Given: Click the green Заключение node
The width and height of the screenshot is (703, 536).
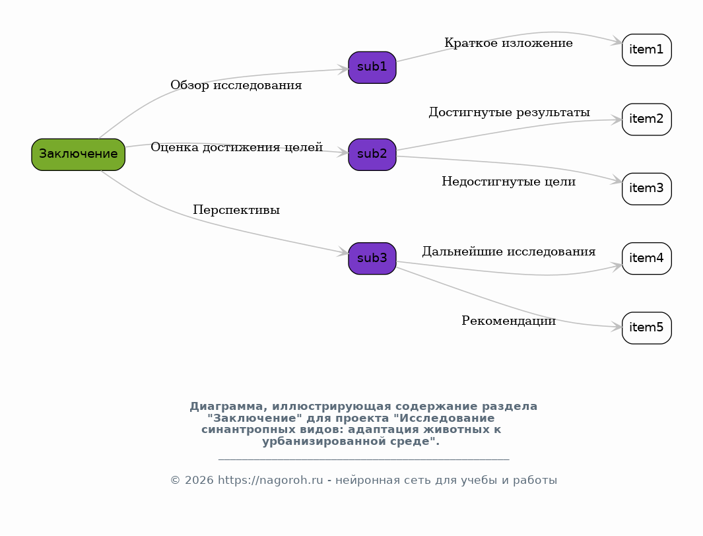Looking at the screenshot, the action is point(78,154).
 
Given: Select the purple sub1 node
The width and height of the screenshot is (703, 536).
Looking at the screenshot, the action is point(372,67).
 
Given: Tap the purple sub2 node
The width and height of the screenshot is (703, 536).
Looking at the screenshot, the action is point(372,154).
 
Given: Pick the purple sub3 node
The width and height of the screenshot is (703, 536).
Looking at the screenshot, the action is point(372,259).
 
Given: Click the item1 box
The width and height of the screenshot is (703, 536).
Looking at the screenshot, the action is point(646,50).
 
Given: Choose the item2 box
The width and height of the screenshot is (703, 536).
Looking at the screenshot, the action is point(646,119).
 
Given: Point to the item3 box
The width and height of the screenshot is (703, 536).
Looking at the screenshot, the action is point(646,189).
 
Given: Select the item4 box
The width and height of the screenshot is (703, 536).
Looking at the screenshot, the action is point(646,259).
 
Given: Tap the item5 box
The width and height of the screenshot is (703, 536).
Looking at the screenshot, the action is point(646,328).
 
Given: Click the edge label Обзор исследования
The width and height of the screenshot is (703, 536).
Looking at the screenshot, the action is point(236,85).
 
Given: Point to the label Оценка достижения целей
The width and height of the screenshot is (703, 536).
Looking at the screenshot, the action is point(237,147).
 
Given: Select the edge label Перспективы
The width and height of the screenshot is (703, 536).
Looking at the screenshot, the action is point(236,210).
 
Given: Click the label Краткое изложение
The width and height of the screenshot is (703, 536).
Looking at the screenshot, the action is point(508,43).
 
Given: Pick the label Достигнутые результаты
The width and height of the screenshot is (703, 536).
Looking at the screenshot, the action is point(509,112).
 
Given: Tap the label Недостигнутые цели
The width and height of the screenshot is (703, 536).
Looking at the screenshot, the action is point(508,182).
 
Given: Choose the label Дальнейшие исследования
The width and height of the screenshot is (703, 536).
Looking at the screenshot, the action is point(509,251).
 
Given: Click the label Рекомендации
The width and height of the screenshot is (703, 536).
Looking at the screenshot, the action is point(508,321).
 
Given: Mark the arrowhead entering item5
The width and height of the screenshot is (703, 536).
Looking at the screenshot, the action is point(617,327).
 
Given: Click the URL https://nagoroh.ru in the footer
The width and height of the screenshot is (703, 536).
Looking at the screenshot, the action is point(271,480).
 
